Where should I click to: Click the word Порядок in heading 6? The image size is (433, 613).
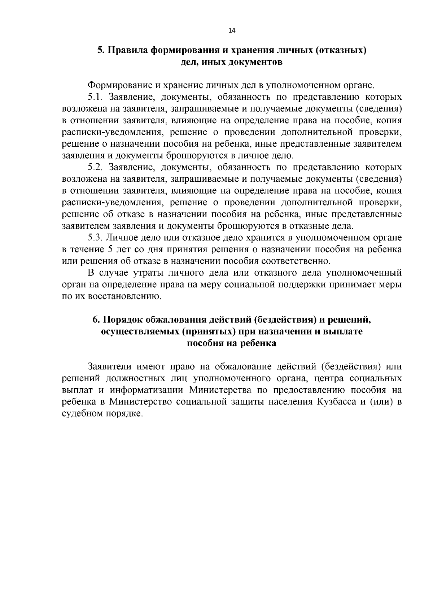pos(124,320)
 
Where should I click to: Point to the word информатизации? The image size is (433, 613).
pos(148,390)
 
